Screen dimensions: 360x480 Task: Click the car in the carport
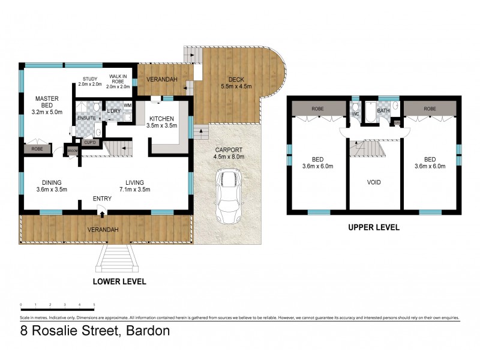(227, 197)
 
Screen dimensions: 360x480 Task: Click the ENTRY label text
(101, 199)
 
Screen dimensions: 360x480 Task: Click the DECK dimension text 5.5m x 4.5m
(235, 86)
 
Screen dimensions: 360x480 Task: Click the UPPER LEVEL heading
(374, 228)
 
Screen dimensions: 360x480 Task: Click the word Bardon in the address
(145, 331)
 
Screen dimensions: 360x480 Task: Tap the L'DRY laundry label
(114, 112)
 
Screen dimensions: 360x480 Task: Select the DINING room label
(52, 182)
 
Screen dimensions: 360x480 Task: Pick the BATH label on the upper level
(383, 111)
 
